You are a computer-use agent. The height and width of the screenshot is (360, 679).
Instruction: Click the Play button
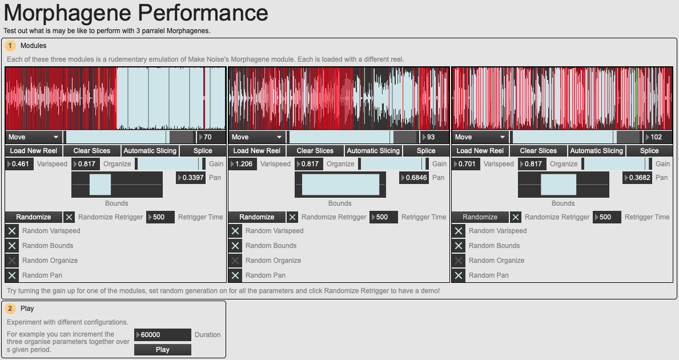[x=162, y=350]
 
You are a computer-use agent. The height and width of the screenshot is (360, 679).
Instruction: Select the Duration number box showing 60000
[x=162, y=335]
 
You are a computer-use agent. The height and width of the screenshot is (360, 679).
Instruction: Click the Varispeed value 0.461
[x=20, y=164]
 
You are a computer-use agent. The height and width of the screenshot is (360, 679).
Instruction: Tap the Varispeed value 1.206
[x=243, y=164]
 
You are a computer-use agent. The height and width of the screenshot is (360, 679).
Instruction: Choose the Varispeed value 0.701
[x=466, y=164]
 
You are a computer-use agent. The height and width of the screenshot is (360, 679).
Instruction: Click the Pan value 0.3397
[x=191, y=178]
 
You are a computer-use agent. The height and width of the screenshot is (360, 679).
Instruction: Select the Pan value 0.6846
[x=414, y=178]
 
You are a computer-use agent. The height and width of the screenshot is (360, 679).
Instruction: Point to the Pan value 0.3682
[x=637, y=178]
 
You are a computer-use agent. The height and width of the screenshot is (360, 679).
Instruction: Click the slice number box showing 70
[x=211, y=137]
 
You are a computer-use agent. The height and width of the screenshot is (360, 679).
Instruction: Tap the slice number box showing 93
[x=435, y=137]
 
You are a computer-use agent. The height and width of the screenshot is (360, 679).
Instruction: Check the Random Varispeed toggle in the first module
[x=12, y=231]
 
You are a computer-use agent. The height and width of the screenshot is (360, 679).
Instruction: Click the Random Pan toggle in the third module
[x=459, y=275]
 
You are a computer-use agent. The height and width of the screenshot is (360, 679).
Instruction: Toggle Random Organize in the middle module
[x=235, y=261]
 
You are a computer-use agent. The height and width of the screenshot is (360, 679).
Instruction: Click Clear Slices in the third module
[x=539, y=151]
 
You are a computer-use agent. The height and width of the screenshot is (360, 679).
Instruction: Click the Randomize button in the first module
[x=34, y=217]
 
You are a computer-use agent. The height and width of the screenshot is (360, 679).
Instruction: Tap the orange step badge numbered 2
[x=10, y=309]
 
